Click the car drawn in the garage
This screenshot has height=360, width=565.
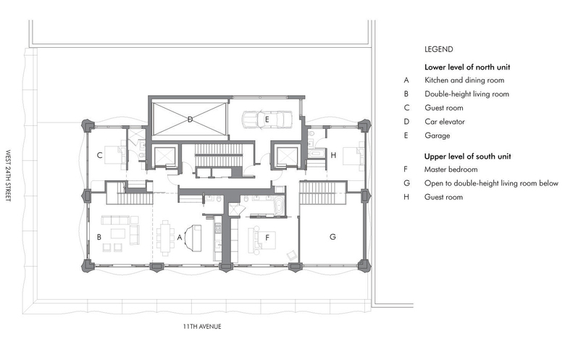[267, 120]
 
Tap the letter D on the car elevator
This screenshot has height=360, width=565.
[190, 120]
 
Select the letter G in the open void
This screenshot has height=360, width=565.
[332, 237]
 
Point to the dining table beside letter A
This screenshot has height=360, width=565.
[165, 238]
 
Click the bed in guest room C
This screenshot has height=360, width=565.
[115, 155]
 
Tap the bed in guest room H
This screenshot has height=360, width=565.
[353, 156]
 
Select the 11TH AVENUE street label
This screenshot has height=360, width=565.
[202, 327]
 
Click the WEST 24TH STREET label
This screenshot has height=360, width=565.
[8, 175]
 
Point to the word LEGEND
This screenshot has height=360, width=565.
[438, 49]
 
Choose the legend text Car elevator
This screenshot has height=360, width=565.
[445, 122]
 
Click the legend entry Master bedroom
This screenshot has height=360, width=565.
[451, 169]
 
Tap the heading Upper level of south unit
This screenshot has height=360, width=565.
[467, 156]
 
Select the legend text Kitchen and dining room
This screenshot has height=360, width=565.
[464, 80]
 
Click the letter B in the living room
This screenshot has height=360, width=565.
[99, 237]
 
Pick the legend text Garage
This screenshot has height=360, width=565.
[437, 136]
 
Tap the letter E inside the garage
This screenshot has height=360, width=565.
[267, 120]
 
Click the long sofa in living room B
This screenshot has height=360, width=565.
[115, 219]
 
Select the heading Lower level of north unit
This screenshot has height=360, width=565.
[467, 67]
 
